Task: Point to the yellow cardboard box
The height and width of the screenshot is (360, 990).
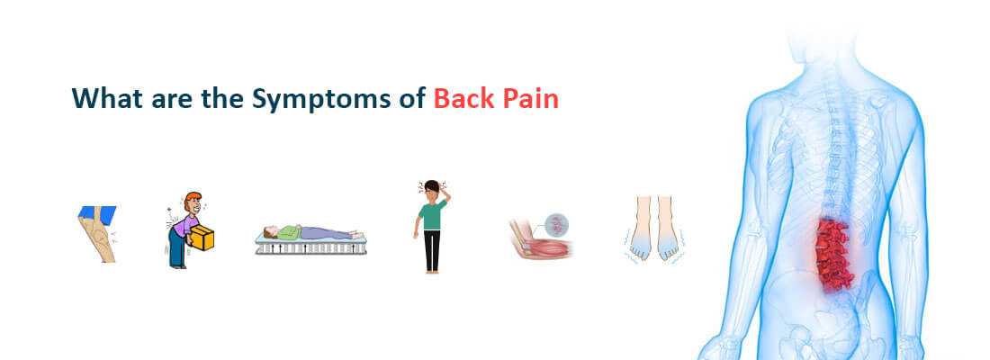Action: tap(203, 238)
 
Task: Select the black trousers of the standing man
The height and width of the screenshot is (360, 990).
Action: tap(432, 250)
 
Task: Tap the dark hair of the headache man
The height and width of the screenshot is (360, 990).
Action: tap(433, 186)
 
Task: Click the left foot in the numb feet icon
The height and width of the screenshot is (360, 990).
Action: tap(641, 232)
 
